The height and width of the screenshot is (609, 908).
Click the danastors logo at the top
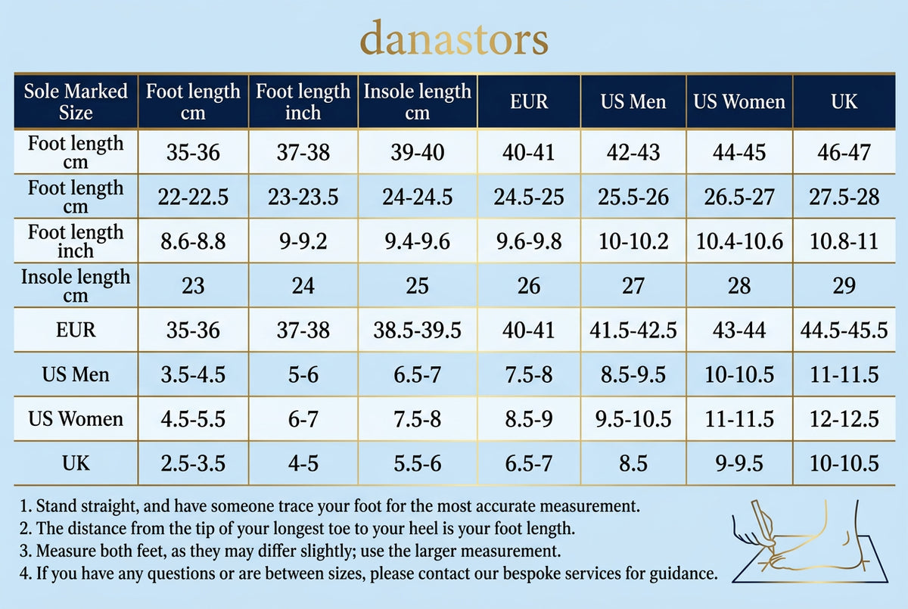(x=453, y=38)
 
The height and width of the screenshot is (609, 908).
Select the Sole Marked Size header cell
(x=76, y=101)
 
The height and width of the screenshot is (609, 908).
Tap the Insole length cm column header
(x=417, y=101)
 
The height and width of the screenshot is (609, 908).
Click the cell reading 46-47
(x=844, y=152)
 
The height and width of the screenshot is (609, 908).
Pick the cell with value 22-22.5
(x=193, y=197)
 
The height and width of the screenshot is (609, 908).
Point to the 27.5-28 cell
(x=844, y=197)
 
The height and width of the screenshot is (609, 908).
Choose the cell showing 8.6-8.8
(x=193, y=241)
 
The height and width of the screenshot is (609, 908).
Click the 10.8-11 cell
(x=844, y=241)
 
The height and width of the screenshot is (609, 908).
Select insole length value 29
(x=844, y=286)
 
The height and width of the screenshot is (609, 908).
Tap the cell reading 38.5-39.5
(x=417, y=331)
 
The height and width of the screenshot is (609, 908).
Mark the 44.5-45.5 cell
(x=844, y=331)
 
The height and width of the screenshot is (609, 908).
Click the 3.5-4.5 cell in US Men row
(x=193, y=374)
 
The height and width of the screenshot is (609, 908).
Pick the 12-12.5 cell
(x=844, y=419)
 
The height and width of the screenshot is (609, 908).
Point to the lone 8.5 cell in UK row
(x=633, y=464)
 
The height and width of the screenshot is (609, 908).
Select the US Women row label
(x=76, y=419)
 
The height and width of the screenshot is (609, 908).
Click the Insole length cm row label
(x=76, y=286)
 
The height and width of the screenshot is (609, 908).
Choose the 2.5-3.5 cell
(x=193, y=464)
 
